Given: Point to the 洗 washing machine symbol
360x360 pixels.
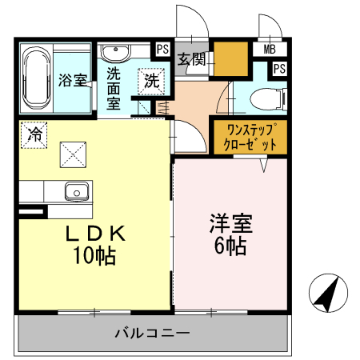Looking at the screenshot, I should (151, 79).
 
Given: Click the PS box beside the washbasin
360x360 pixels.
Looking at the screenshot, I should (162, 49).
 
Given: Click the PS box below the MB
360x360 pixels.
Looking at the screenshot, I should (278, 68).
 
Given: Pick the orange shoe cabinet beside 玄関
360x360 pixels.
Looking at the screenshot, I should (229, 58).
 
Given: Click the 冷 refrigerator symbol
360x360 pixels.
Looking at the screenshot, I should (34, 133).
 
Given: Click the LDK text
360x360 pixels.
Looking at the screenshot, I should (94, 234).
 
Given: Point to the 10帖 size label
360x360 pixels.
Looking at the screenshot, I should (94, 256).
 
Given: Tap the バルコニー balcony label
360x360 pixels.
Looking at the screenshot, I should (151, 332).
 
